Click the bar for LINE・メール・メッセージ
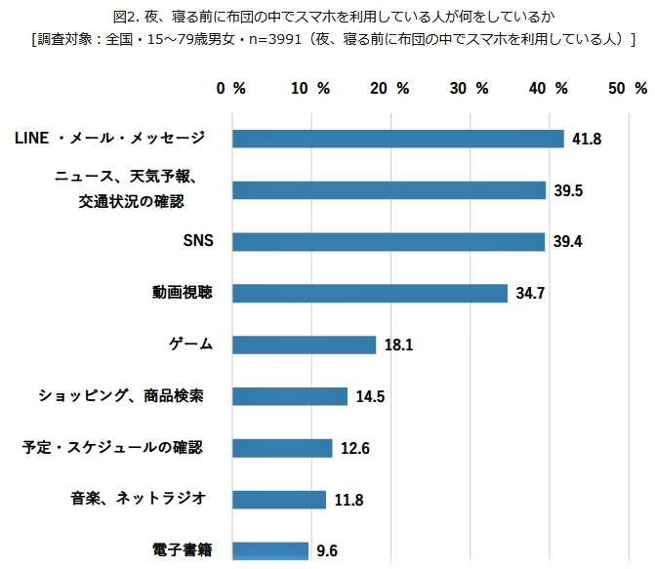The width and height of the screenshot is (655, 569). [398, 139]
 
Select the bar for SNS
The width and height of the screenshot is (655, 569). [389, 241]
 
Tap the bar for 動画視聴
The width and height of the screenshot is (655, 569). [370, 293]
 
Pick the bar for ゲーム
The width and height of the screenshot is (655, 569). [304, 345]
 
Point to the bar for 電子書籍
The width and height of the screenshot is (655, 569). [270, 550]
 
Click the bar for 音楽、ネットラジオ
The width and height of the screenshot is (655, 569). [279, 499]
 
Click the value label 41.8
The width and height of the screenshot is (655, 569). [586, 140]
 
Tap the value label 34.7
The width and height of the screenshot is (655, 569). [529, 294]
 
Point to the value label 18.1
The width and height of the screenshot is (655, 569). [398, 345]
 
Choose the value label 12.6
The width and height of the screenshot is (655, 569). [354, 449]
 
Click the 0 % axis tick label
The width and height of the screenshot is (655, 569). [231, 88]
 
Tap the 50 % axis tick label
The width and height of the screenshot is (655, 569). [627, 88]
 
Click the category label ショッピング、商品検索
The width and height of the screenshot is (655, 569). [121, 395]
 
